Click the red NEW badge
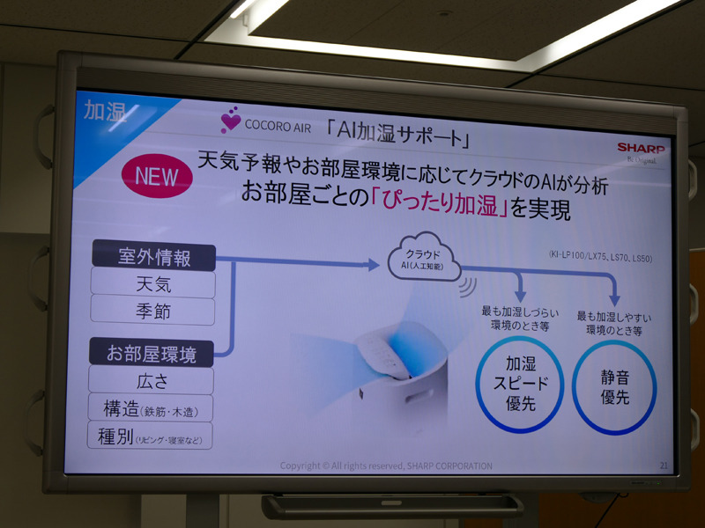point(156,174)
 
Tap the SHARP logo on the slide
point(642,148)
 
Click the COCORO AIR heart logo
point(231,121)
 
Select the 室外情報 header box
point(153,257)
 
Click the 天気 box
point(153,284)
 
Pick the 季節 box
point(153,312)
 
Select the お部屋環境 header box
point(151,353)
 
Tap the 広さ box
point(151,381)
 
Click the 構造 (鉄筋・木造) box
point(151,408)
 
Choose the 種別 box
point(151,436)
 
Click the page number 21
point(663,464)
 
